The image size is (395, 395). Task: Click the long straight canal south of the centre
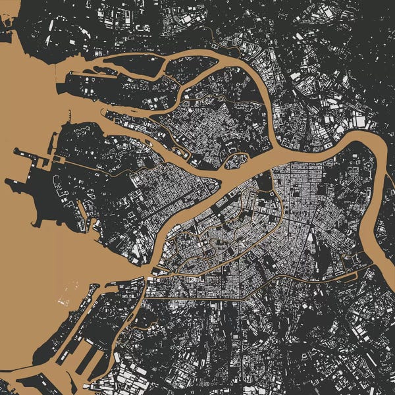pos(197,297)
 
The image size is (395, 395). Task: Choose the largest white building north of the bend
pos(359,120)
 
